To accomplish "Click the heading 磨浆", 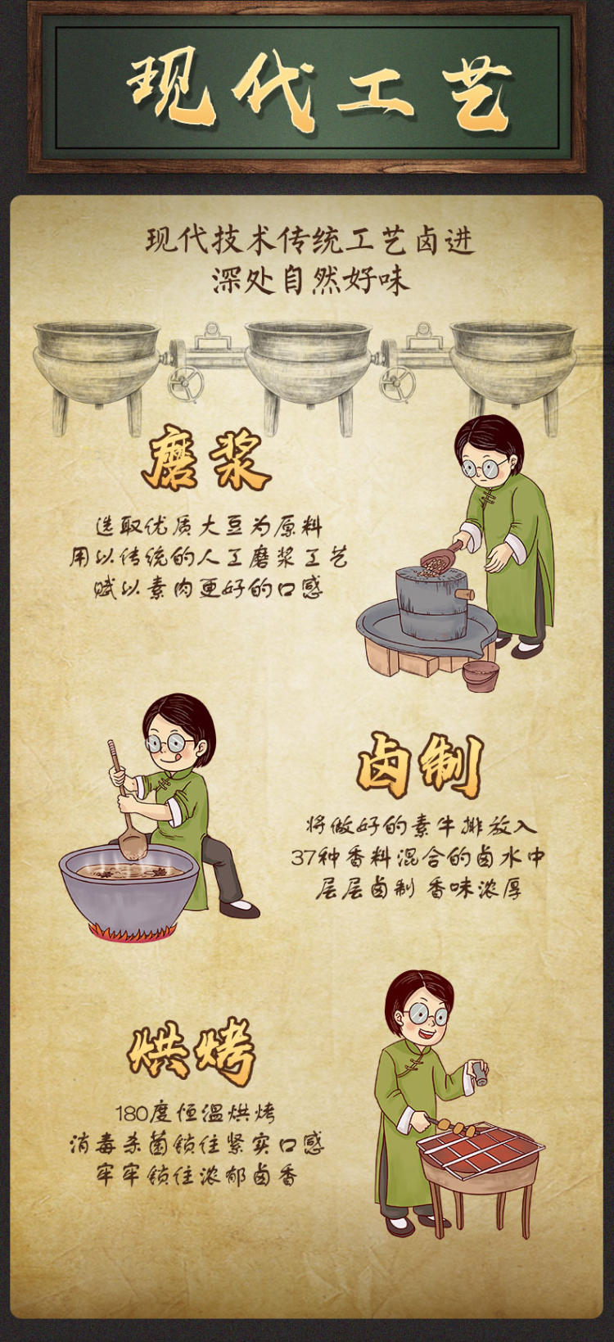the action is pyautogui.click(x=205, y=459).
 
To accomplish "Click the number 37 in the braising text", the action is pyautogui.click(x=304, y=857).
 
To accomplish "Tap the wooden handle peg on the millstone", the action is pyautogui.click(x=465, y=594).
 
